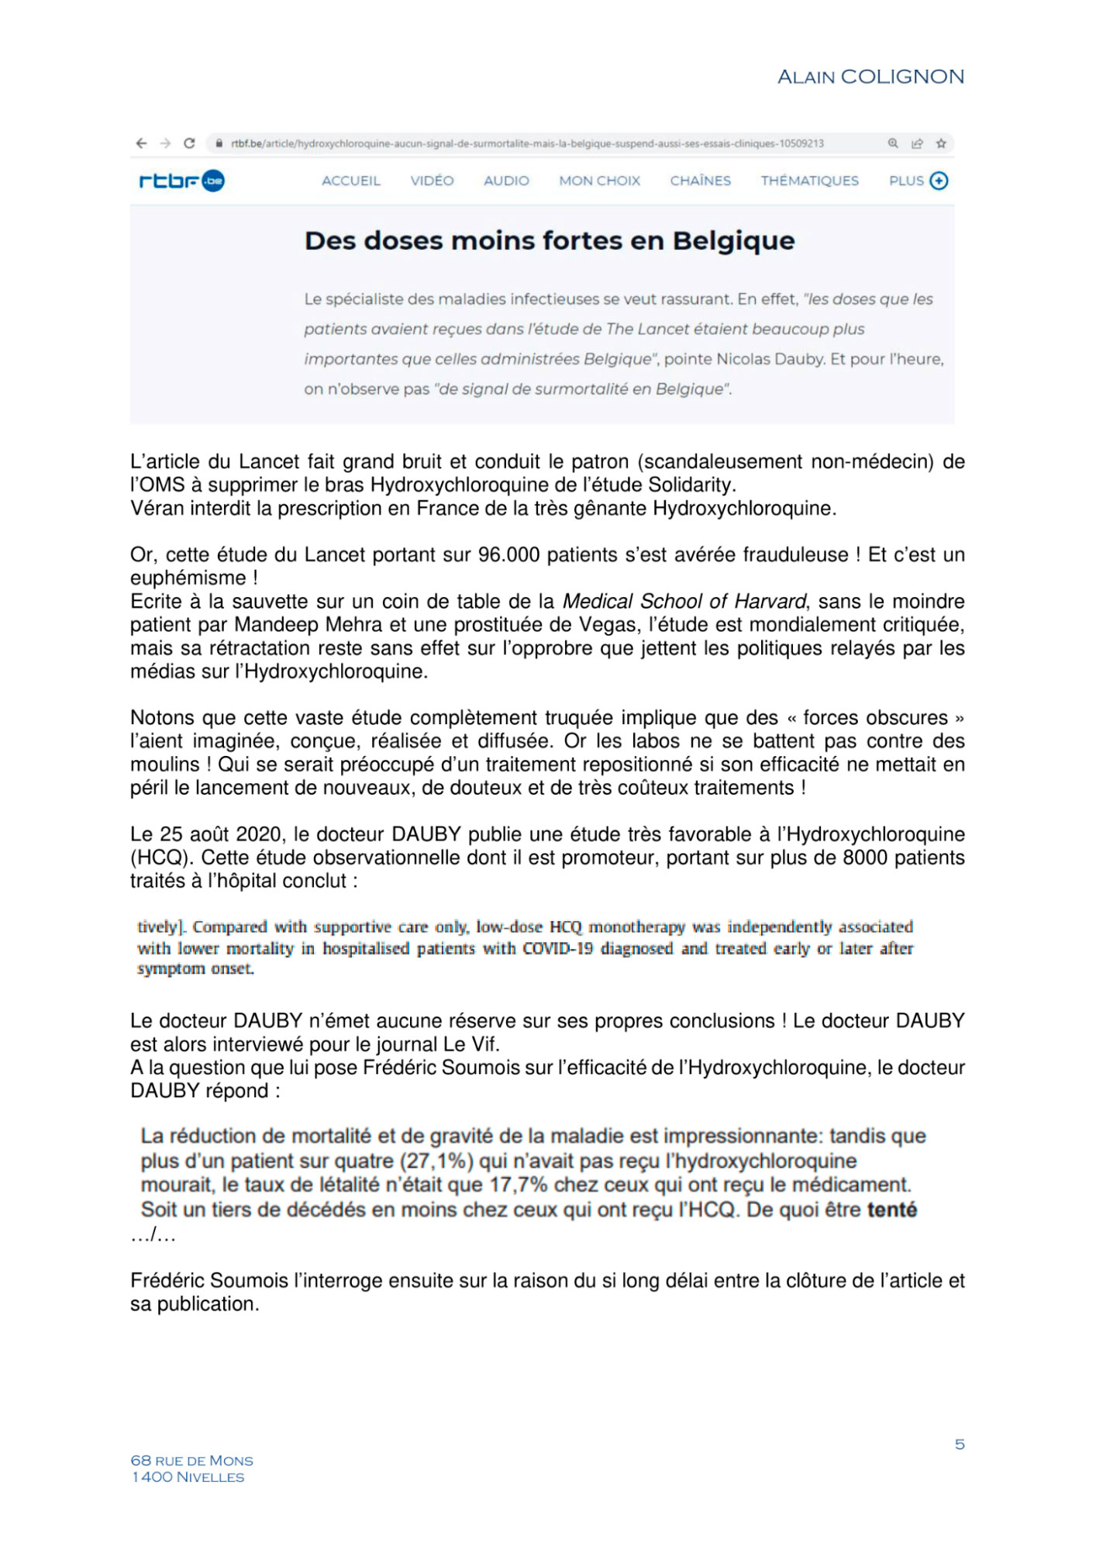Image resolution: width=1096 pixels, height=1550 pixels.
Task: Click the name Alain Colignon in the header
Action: pyautogui.click(x=870, y=77)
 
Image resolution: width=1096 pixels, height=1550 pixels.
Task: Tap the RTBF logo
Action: pyautogui.click(x=181, y=181)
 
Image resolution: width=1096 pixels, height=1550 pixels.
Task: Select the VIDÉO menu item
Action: pyautogui.click(x=432, y=181)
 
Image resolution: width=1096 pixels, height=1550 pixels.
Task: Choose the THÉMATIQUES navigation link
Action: pyautogui.click(x=809, y=181)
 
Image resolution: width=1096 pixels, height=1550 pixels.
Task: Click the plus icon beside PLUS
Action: pyautogui.click(x=939, y=181)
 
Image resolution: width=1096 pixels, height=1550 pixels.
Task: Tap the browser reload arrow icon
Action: pyautogui.click(x=189, y=143)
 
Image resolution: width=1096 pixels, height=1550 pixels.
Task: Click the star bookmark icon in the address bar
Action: pyautogui.click(x=941, y=143)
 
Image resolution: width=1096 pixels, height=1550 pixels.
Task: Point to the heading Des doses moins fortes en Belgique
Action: pyautogui.click(x=550, y=241)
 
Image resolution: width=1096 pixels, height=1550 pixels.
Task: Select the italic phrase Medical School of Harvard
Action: pyautogui.click(x=684, y=602)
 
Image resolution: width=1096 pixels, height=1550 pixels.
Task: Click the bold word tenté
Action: pyautogui.click(x=891, y=1210)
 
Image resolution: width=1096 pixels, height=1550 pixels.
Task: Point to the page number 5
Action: pyautogui.click(x=960, y=1444)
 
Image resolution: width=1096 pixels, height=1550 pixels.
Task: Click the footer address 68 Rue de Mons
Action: pyautogui.click(x=191, y=1461)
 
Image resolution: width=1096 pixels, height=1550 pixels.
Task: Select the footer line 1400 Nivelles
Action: pyautogui.click(x=188, y=1477)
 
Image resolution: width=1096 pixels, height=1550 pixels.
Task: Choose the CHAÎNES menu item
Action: pyautogui.click(x=700, y=181)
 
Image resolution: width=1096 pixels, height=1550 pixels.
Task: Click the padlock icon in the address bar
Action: pyautogui.click(x=219, y=143)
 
